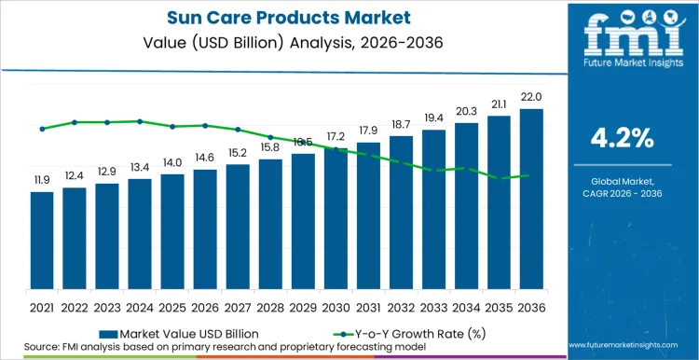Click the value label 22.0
[x=531, y=97]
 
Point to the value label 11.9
[x=42, y=179]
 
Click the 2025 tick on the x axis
[x=172, y=306]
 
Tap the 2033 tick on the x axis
[x=433, y=306]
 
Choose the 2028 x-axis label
[x=270, y=306]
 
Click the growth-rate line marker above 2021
[x=42, y=129]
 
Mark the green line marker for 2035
[x=499, y=178]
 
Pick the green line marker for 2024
[x=140, y=121]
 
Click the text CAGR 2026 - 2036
[x=623, y=193]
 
